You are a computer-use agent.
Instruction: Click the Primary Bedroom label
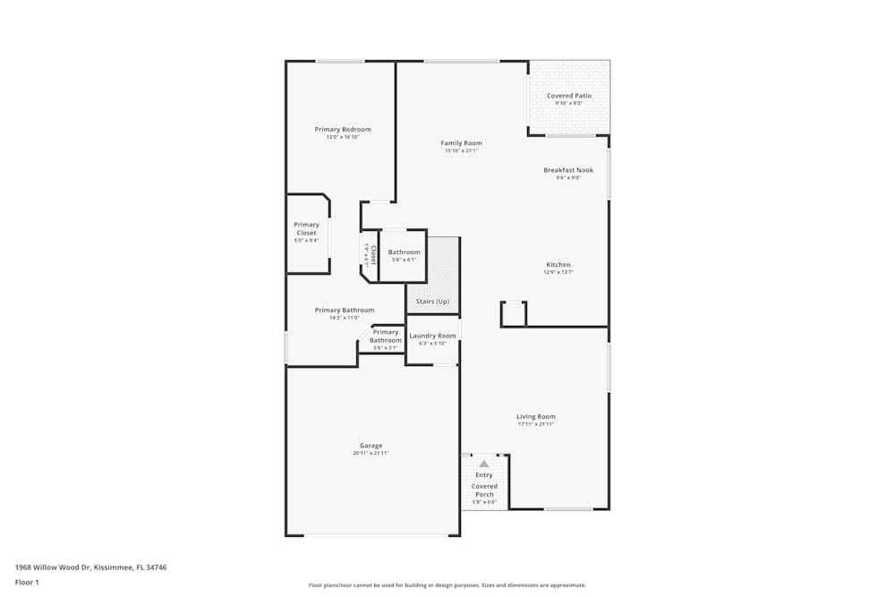point(342,130)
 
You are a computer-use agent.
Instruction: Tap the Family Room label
point(461,143)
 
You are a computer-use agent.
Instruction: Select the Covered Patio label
point(569,96)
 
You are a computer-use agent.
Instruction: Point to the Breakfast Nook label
point(568,170)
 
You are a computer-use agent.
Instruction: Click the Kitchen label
point(558,265)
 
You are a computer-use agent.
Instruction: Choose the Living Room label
point(536,416)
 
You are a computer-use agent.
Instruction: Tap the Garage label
point(371,446)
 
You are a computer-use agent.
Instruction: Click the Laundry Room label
point(432,336)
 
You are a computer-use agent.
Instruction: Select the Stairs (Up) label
point(432,302)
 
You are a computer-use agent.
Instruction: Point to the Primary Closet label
point(306,229)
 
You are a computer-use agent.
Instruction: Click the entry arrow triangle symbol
point(484,464)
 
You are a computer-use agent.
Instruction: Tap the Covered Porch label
point(484,490)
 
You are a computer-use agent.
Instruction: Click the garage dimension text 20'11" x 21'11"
point(371,454)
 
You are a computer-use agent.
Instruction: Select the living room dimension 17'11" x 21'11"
point(536,424)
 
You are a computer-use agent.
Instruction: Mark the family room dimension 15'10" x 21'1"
point(461,151)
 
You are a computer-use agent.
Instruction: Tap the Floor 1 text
point(27,582)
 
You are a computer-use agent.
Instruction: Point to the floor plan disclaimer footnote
point(447,585)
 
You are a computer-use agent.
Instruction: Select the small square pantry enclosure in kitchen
point(513,313)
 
